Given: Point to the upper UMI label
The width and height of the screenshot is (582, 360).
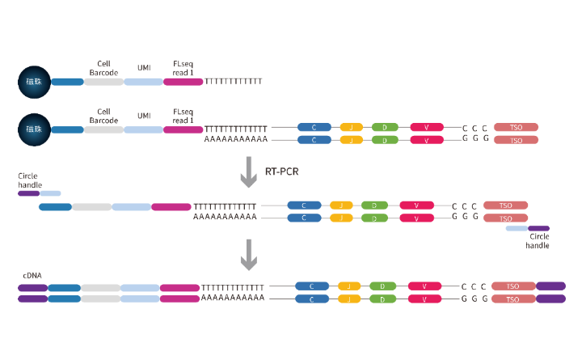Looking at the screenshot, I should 144,68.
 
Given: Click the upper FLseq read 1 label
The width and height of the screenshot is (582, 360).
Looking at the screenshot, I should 183,68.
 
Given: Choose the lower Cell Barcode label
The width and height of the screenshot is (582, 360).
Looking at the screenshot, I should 103,116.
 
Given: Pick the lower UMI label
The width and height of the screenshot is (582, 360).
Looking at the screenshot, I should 144,116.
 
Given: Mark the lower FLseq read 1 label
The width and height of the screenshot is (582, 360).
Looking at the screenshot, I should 183,116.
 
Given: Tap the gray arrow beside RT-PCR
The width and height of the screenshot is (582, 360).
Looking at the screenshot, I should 249,172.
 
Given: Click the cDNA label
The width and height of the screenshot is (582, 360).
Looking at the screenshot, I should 32,276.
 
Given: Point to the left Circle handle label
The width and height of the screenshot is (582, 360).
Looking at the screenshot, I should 28,180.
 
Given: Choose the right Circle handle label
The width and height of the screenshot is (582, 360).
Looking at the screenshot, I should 538,241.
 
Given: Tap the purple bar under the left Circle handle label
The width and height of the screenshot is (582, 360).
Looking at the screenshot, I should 28,193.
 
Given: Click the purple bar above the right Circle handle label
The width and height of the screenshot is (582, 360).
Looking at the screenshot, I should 538,228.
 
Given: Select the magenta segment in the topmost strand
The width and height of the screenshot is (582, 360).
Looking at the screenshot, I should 183,82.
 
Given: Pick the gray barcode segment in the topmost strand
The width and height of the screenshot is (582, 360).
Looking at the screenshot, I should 103,82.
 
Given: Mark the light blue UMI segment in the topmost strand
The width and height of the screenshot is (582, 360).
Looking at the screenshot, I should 144,82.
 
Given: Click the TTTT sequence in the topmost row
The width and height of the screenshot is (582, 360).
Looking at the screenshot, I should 234,82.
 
